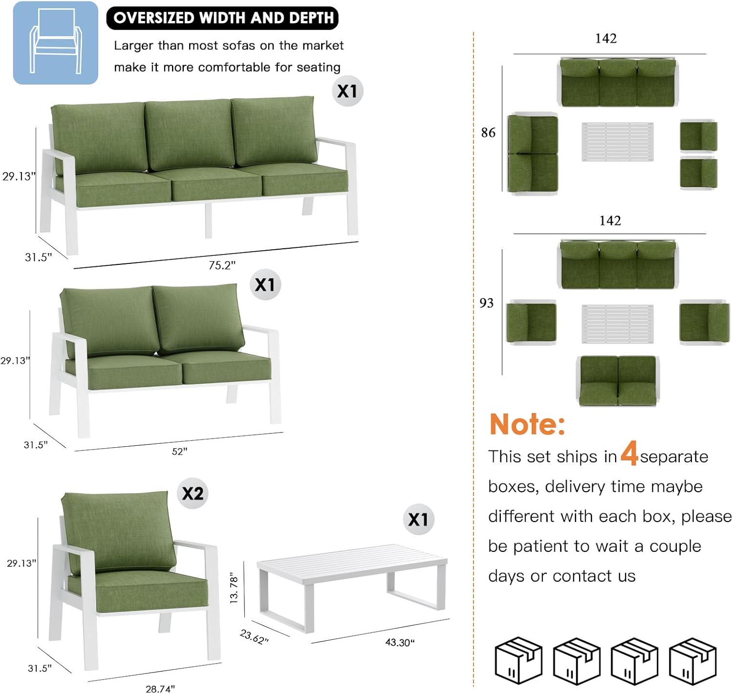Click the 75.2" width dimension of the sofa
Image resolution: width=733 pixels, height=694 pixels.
(222, 265)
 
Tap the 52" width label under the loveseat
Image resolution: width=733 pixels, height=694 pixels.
(179, 452)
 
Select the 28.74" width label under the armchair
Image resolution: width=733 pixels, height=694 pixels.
(160, 688)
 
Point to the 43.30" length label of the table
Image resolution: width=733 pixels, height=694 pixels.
(400, 643)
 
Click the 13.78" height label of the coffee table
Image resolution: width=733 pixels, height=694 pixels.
(234, 588)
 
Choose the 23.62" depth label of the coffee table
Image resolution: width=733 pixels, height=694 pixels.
(254, 637)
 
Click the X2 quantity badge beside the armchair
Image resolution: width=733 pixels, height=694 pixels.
(193, 493)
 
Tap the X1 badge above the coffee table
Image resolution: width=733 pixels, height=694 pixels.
(418, 519)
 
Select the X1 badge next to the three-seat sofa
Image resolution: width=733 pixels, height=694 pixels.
(347, 91)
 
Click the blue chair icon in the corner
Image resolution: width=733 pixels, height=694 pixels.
(55, 43)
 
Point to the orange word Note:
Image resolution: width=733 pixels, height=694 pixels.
(527, 424)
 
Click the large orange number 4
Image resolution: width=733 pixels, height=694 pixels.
(629, 453)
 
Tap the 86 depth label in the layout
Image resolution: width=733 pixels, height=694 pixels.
(488, 132)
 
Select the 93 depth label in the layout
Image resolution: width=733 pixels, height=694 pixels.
(486, 303)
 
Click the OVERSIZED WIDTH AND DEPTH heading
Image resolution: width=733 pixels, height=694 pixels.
(223, 18)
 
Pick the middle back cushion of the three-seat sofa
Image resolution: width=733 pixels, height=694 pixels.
(189, 133)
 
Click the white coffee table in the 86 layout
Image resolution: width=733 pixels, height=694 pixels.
(617, 142)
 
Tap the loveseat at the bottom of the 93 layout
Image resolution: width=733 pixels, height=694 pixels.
(618, 381)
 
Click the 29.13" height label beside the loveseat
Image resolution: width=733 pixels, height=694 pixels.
(15, 361)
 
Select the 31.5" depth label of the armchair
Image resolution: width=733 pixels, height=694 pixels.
(39, 668)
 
